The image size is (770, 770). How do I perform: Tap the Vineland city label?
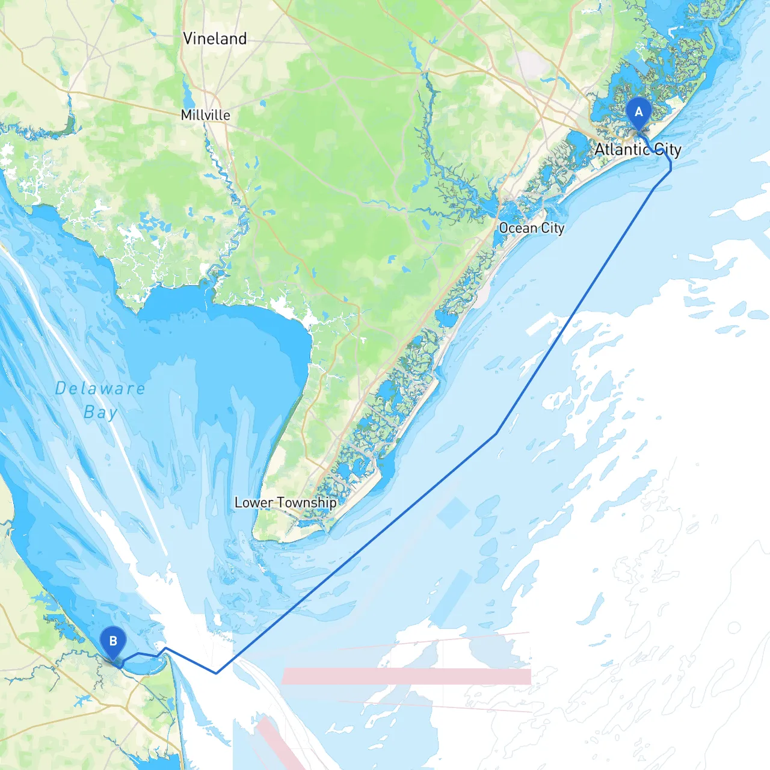(x=215, y=38)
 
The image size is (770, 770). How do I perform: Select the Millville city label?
(x=205, y=115)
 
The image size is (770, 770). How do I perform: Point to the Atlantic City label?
(x=638, y=149)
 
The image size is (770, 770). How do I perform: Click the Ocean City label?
(x=531, y=228)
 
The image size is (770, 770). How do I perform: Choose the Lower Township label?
(x=285, y=502)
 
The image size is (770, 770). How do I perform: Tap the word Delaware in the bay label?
(x=100, y=389)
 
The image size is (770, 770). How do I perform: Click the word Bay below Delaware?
(x=100, y=413)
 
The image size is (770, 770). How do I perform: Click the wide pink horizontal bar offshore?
(x=406, y=676)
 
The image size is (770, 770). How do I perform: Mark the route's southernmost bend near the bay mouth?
(x=216, y=673)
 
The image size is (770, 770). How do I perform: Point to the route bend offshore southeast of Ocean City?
(x=496, y=433)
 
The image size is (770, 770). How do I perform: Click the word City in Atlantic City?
(x=667, y=149)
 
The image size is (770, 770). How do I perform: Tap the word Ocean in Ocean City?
(x=518, y=228)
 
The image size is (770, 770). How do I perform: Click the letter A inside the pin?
(x=638, y=112)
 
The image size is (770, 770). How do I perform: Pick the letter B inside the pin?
(x=112, y=641)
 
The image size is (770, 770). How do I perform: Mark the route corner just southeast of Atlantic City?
(x=670, y=171)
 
